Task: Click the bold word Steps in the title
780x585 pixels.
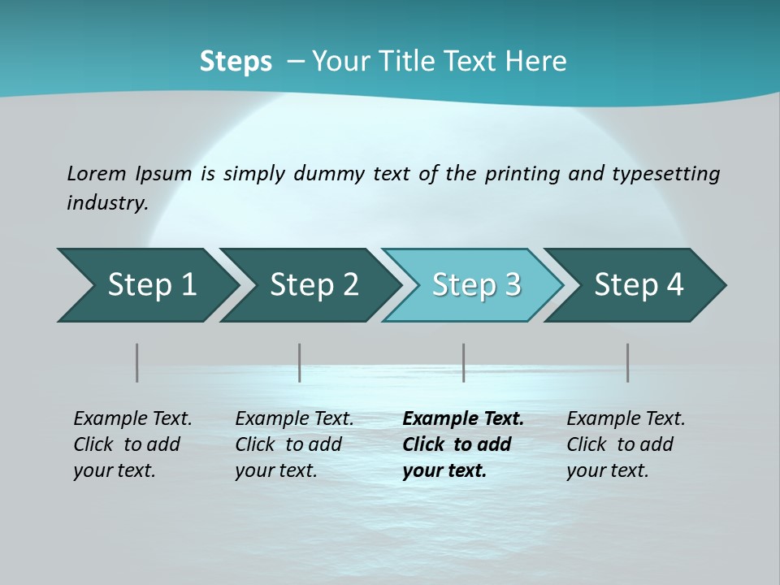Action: [236, 62]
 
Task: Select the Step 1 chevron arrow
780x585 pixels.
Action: [146, 285]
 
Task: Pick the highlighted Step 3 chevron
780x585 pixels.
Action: [474, 285]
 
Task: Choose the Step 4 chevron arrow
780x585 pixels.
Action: [636, 285]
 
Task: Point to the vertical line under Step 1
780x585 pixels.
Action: [137, 362]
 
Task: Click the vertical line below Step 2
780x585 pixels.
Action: [300, 362]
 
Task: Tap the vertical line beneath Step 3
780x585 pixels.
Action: [464, 362]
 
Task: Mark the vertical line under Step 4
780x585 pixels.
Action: [628, 362]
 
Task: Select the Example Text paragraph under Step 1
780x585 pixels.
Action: [132, 444]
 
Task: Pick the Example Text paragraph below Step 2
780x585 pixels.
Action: [294, 444]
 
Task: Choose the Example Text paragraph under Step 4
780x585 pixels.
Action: [626, 444]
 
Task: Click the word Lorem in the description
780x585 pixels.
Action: [97, 174]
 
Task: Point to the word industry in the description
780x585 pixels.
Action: [106, 203]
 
